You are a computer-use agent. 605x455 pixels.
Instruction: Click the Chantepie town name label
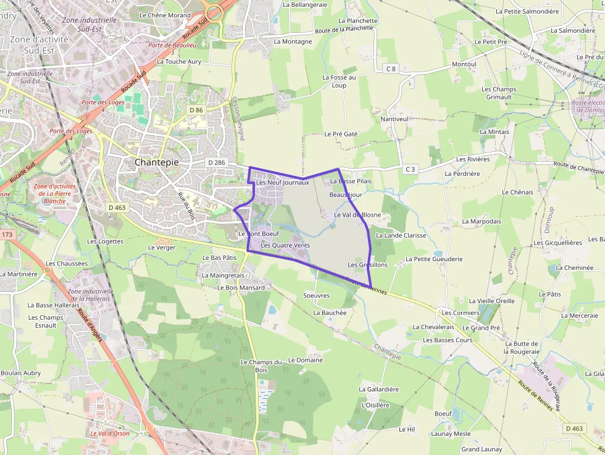[x=157, y=162]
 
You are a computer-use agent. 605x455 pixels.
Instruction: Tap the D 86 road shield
[x=196, y=110]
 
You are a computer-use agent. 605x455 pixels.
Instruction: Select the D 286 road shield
[x=217, y=162]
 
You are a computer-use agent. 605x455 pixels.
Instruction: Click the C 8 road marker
[x=390, y=69]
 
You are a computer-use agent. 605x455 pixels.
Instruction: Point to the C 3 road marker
[x=411, y=169]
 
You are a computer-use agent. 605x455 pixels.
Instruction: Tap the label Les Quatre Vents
[x=285, y=245]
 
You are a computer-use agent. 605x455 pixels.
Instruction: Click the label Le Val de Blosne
[x=357, y=215]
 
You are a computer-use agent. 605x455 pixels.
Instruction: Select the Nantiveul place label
[x=394, y=119]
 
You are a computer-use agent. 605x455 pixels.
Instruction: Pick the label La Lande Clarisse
[x=401, y=235]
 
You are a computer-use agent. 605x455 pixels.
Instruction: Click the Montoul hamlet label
[x=464, y=64]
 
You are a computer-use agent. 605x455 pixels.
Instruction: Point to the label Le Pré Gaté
[x=341, y=134]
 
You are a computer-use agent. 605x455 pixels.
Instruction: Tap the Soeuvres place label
[x=317, y=296]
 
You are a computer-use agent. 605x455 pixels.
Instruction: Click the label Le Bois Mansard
[x=241, y=288]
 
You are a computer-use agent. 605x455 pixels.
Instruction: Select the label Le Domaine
[x=306, y=360]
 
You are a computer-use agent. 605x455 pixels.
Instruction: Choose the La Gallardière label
[x=379, y=390]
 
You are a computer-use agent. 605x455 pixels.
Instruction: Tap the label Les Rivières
[x=473, y=159]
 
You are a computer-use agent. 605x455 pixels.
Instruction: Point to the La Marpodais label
[x=482, y=221]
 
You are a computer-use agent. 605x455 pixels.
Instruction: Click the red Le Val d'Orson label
[x=110, y=433]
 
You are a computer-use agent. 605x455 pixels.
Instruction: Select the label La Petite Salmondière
[x=527, y=11]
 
